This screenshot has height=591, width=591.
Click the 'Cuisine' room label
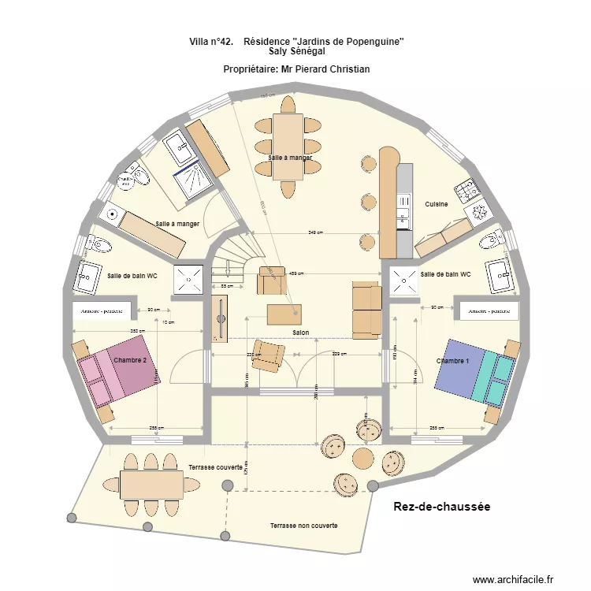(x=436, y=204)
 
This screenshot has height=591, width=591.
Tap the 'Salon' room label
(x=300, y=333)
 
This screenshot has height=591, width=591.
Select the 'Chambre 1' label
(x=452, y=361)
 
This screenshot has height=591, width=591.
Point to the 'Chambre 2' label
(x=130, y=360)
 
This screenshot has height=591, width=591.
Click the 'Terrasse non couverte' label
(x=303, y=525)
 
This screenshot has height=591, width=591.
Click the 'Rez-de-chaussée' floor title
(x=441, y=507)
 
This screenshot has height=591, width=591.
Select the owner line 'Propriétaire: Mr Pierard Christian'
(x=296, y=69)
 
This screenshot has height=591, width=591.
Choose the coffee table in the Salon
(x=284, y=314)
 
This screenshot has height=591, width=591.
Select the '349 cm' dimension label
(x=316, y=233)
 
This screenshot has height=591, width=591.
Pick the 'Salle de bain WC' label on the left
(x=132, y=275)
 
